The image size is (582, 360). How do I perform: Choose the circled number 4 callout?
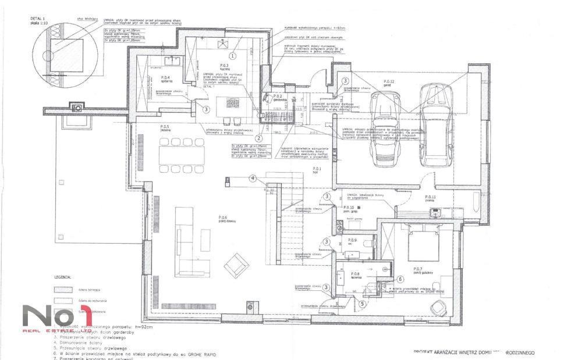pyautogui.click(x=253, y=179)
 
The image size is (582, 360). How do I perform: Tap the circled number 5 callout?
pyautogui.click(x=361, y=303)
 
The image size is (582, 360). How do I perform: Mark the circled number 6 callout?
pyautogui.click(x=400, y=279)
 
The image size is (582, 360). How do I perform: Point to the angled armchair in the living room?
pyautogui.click(x=236, y=265)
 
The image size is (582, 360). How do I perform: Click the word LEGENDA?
pyautogui.click(x=62, y=277)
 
